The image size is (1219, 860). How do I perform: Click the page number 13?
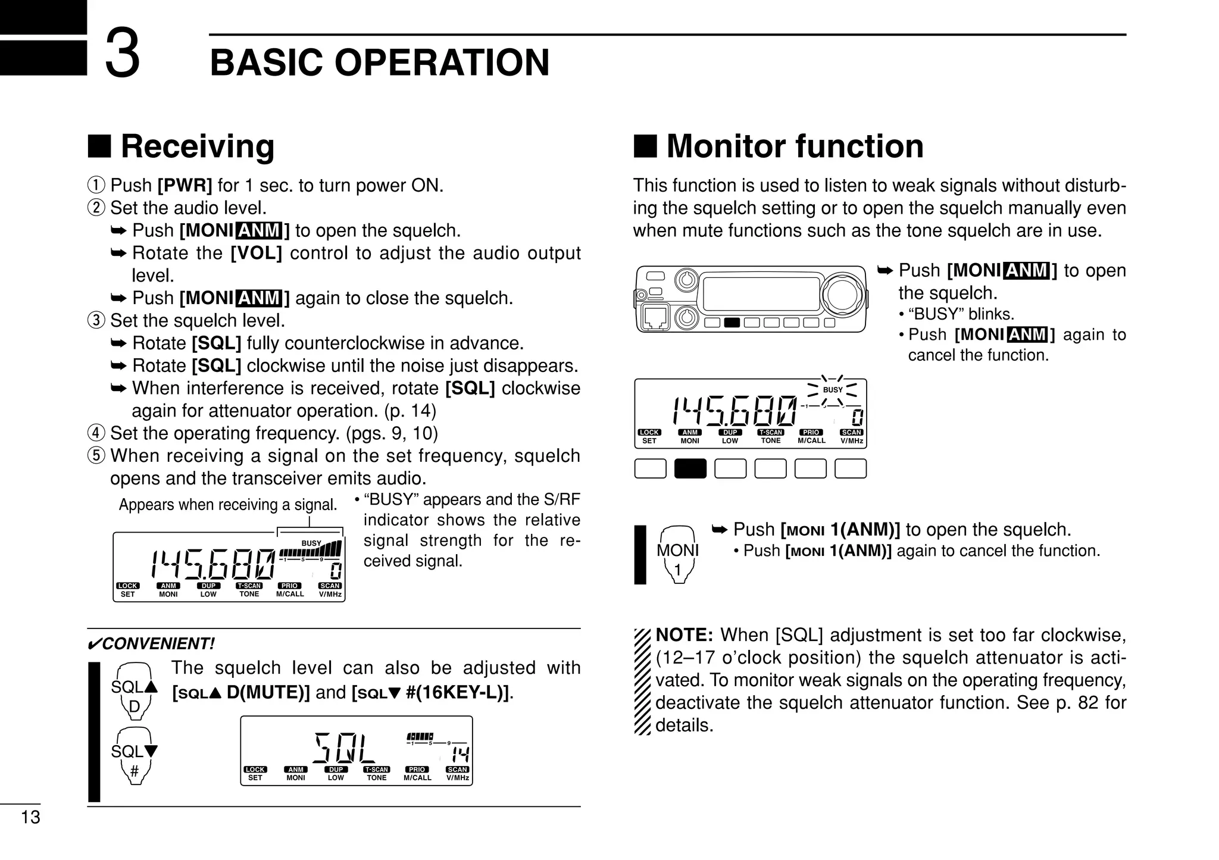click(30, 817)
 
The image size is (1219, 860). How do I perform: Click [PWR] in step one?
click(185, 186)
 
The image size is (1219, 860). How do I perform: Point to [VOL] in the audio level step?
click(256, 253)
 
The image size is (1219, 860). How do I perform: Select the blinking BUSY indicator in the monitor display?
click(833, 390)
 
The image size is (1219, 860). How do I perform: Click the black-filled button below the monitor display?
click(690, 468)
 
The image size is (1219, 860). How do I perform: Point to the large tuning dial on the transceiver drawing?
click(843, 295)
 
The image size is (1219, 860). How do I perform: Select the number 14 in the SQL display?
click(460, 755)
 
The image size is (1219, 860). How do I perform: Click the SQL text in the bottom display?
click(345, 749)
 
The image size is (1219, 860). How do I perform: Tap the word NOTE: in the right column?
click(684, 635)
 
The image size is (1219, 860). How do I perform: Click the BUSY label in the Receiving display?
click(311, 543)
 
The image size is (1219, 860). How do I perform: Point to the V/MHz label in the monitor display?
click(852, 441)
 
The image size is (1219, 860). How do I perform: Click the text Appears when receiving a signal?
click(227, 505)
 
